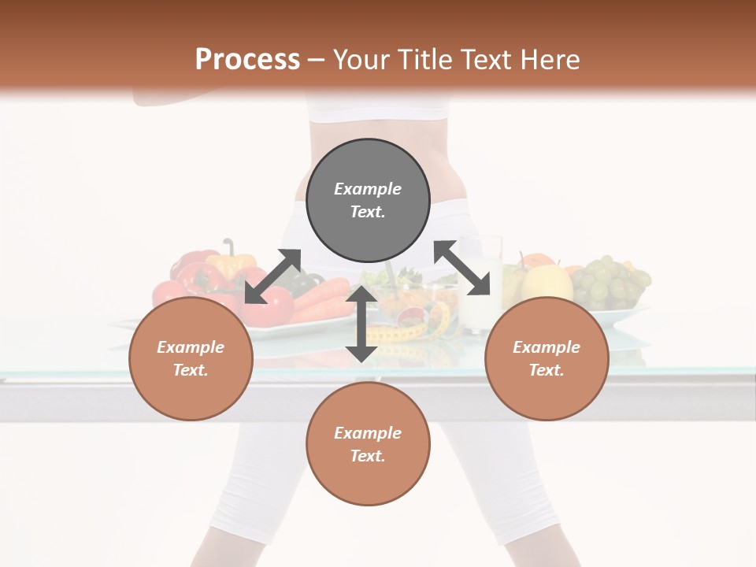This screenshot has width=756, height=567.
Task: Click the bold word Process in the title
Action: point(247,60)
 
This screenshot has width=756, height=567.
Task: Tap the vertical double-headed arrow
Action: point(361,324)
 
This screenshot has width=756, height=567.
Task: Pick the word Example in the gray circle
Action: point(368,189)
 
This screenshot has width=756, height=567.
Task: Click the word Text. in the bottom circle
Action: point(368,456)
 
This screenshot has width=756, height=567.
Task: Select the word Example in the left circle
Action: point(191,347)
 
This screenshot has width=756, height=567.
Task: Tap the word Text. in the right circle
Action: point(547,370)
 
